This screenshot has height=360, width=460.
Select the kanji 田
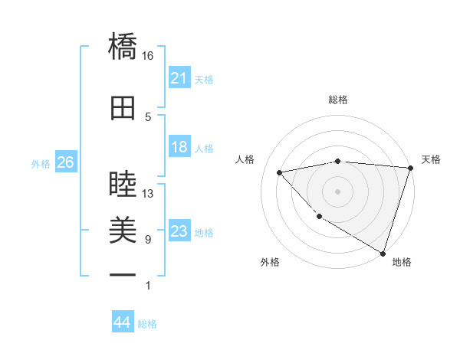pyautogui.click(x=123, y=108)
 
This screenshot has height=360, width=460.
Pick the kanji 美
pyautogui.click(x=123, y=229)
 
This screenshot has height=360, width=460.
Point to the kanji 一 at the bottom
pyautogui.click(x=123, y=274)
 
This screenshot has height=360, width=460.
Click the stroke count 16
pyautogui.click(x=148, y=56)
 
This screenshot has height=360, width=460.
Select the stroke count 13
pyautogui.click(x=148, y=194)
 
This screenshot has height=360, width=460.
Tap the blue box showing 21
pyautogui.click(x=179, y=78)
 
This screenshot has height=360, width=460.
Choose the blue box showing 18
pyautogui.click(x=179, y=147)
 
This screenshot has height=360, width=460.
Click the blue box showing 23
pyautogui.click(x=179, y=231)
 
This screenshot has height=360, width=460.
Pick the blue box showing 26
pyautogui.click(x=65, y=162)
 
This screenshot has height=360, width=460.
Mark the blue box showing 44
pyautogui.click(x=122, y=322)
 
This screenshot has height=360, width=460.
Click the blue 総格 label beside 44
pyautogui.click(x=147, y=324)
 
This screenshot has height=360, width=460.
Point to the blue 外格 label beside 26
pyautogui.click(x=41, y=163)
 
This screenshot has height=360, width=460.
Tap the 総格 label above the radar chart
pyautogui.click(x=338, y=100)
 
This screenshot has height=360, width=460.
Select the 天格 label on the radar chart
pyautogui.click(x=432, y=159)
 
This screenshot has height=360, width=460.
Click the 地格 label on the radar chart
pyautogui.click(x=402, y=262)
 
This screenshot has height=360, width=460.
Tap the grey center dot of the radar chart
pyautogui.click(x=337, y=191)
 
